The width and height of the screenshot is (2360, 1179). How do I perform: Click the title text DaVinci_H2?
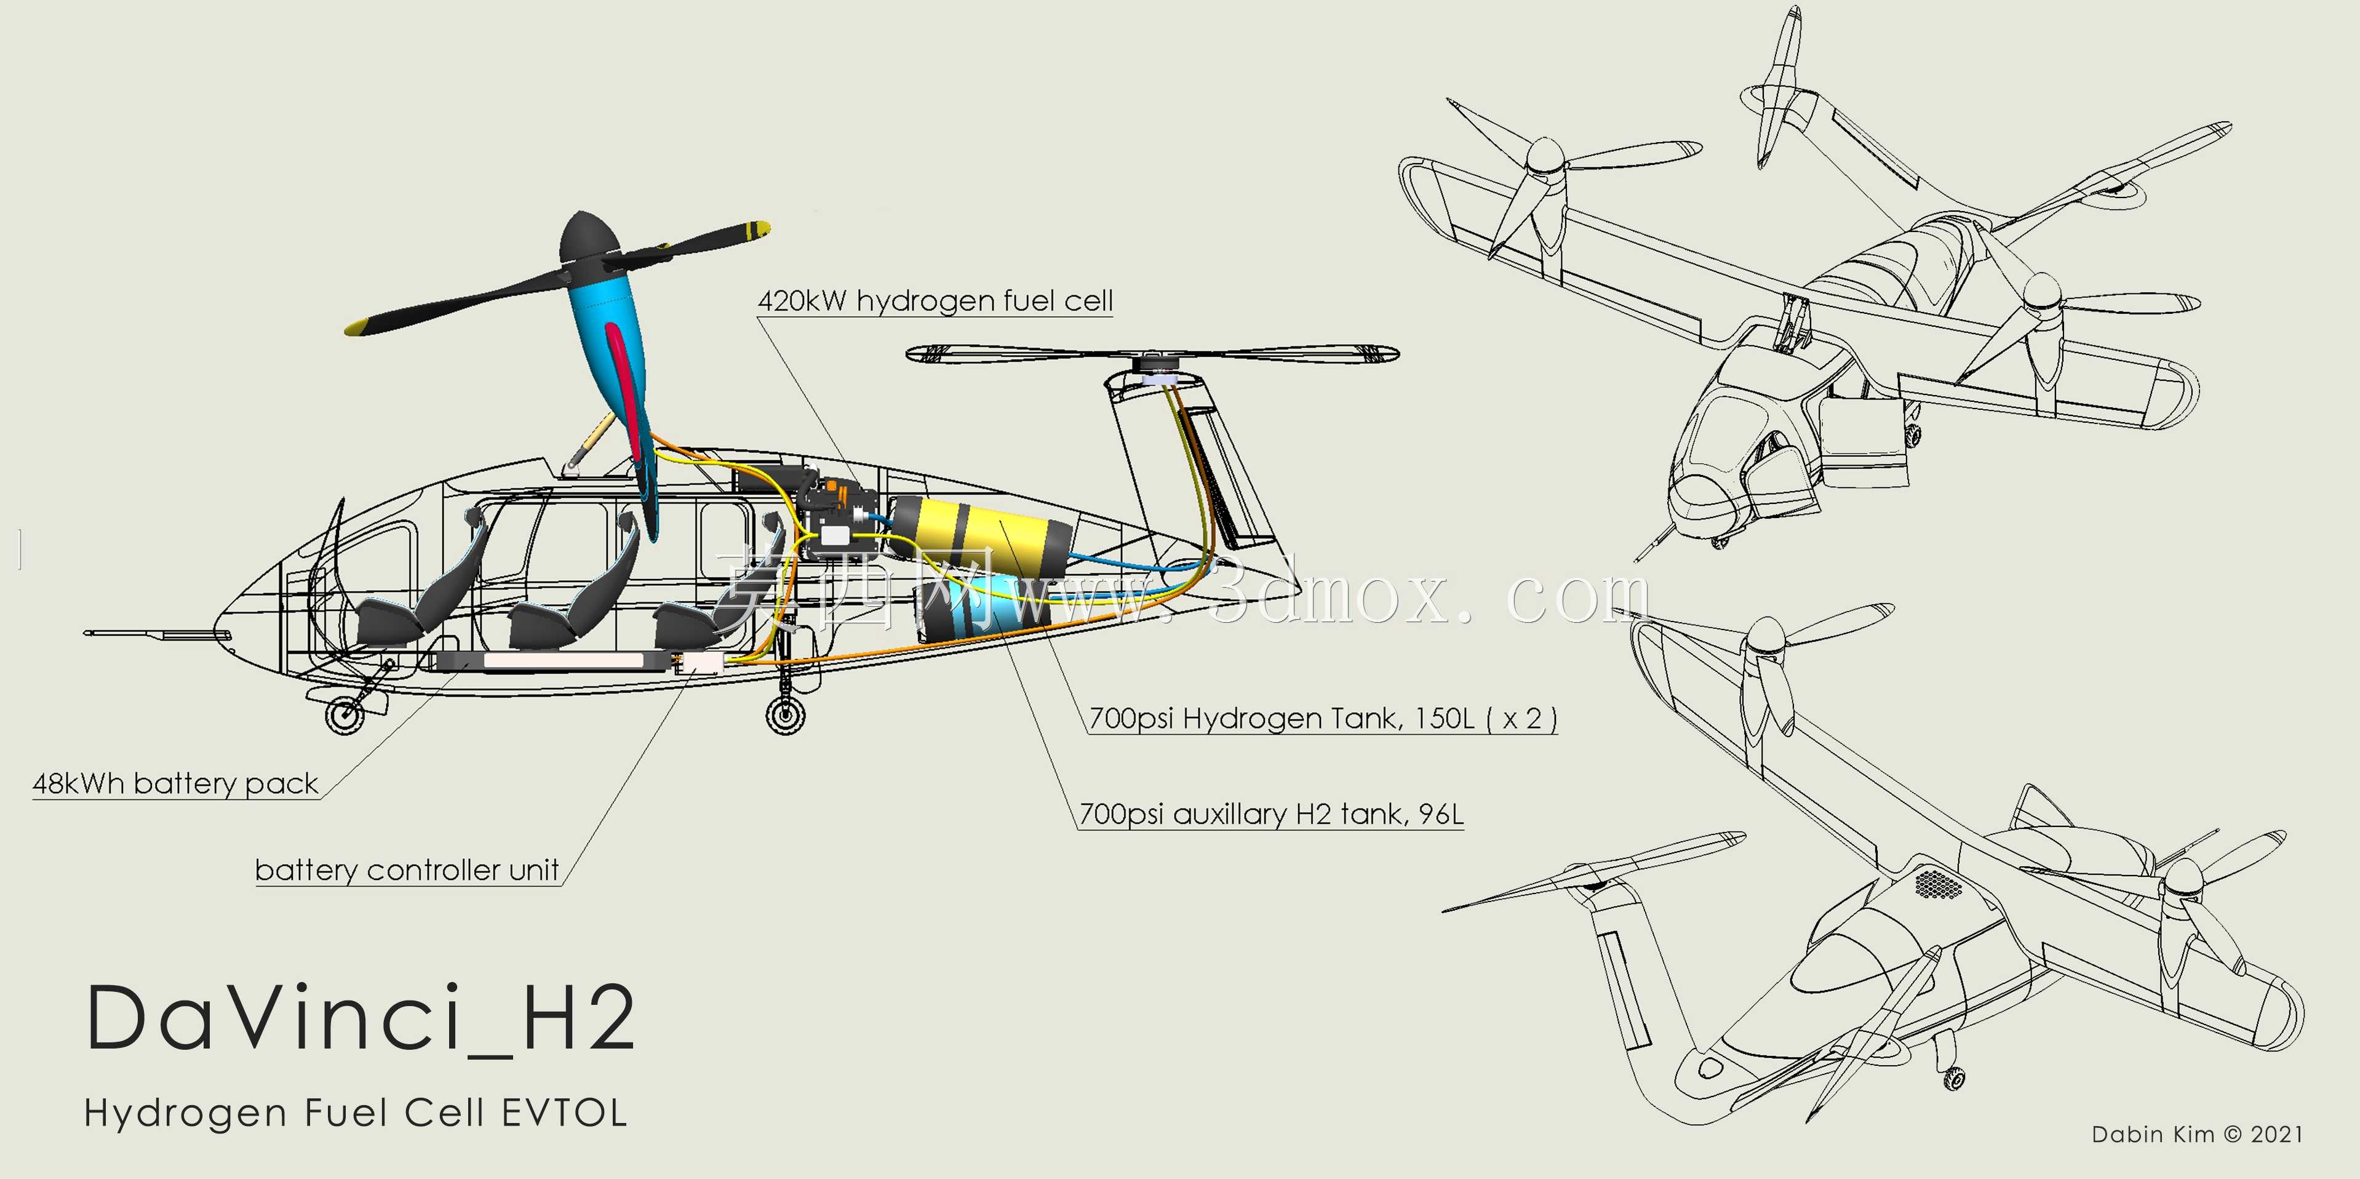(x=360, y=1018)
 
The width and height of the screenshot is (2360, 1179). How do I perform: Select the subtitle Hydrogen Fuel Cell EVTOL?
(x=356, y=1113)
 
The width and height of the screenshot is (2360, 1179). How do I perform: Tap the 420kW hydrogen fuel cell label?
(x=935, y=300)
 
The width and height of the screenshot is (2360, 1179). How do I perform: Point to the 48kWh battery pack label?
(x=175, y=784)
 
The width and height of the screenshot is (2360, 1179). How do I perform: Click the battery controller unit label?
(x=407, y=870)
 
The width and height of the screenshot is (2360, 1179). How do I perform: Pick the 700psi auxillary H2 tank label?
(x=1270, y=813)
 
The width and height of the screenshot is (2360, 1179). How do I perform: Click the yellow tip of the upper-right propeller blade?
(x=757, y=229)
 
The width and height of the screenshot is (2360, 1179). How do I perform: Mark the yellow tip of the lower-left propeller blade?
(x=359, y=326)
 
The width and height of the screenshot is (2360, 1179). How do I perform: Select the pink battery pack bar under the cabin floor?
(x=564, y=660)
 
